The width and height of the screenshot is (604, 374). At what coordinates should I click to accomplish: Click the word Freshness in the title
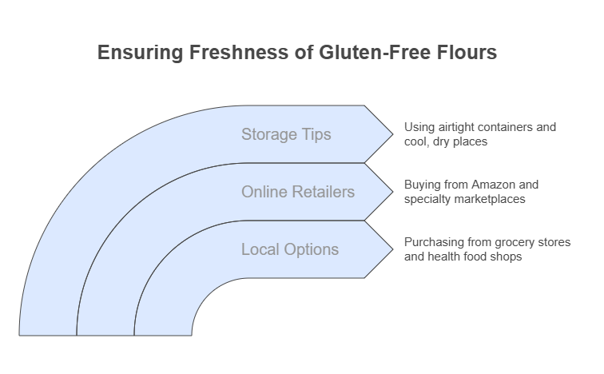click(238, 53)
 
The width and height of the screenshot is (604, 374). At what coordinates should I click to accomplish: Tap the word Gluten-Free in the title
click(375, 53)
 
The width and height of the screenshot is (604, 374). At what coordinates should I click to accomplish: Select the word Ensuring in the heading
click(141, 54)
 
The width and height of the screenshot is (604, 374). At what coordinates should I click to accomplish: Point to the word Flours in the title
click(467, 53)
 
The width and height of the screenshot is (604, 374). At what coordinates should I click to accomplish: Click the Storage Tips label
click(286, 134)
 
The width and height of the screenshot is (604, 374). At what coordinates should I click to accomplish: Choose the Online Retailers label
click(298, 192)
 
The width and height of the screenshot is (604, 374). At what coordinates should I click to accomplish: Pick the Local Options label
click(290, 249)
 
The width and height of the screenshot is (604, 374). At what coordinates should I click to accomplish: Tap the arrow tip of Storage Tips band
click(393, 134)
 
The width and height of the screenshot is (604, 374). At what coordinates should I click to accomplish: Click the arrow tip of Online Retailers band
click(393, 192)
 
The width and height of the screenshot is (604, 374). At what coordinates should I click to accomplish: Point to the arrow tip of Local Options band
click(393, 249)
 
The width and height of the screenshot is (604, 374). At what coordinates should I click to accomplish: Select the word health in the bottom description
click(442, 257)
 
